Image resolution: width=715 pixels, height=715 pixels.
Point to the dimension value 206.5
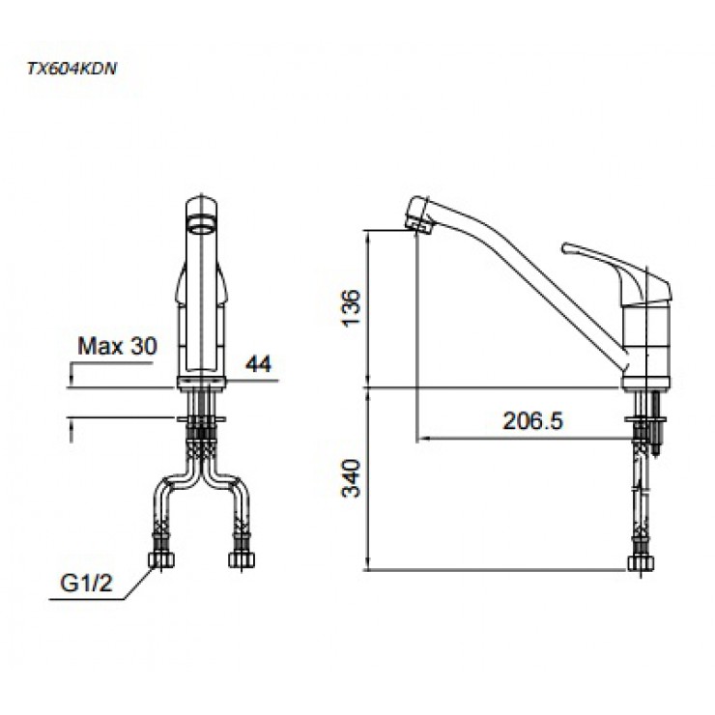(532, 420)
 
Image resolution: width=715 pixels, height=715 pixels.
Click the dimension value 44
(258, 363)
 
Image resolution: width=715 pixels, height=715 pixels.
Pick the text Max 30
(116, 346)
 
